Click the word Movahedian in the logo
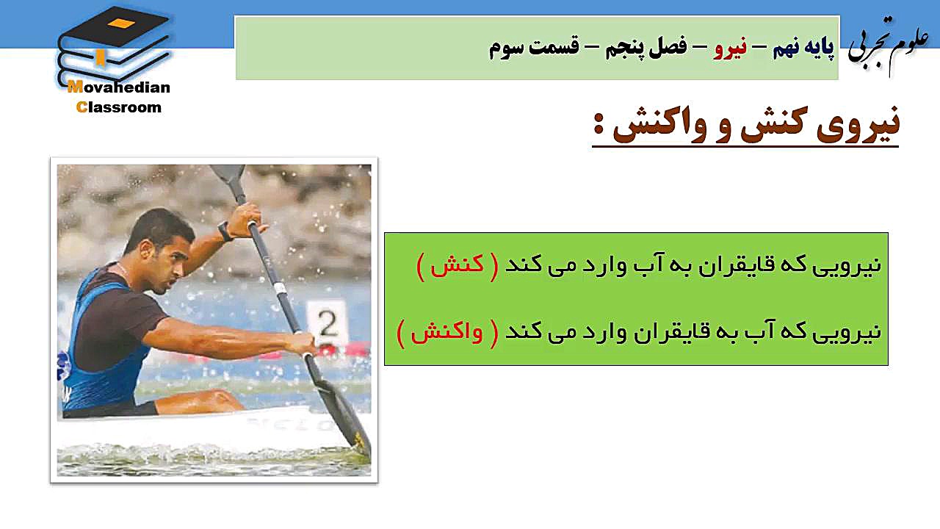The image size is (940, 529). pyautogui.click(x=119, y=87)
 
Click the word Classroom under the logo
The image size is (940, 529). pyautogui.click(x=119, y=107)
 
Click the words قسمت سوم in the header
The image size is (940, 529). pyautogui.click(x=534, y=47)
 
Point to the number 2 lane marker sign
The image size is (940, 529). pyautogui.click(x=328, y=323)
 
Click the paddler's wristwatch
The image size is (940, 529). pyautogui.click(x=225, y=231)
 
